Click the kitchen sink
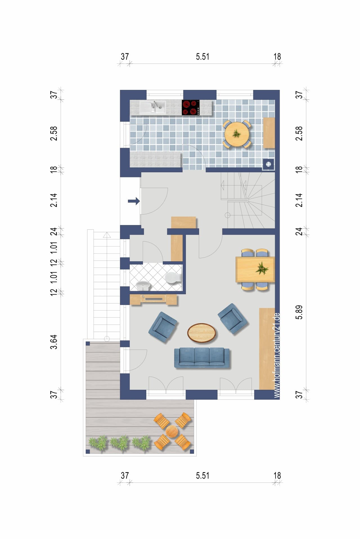coord(153,107)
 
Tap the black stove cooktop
coord(191,108)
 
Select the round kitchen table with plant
coord(237,134)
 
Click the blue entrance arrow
coord(134,201)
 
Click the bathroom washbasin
coord(144,286)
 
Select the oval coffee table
coord(202,333)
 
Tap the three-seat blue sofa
coord(202,358)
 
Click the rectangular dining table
coord(255,269)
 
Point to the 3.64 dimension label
coord(54,342)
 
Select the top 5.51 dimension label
coord(202,57)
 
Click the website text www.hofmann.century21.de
coord(277,355)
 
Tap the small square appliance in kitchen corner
coord(268,164)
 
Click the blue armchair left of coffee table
coord(163,327)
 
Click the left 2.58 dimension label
coord(54,133)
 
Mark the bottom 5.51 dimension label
coord(202,476)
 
